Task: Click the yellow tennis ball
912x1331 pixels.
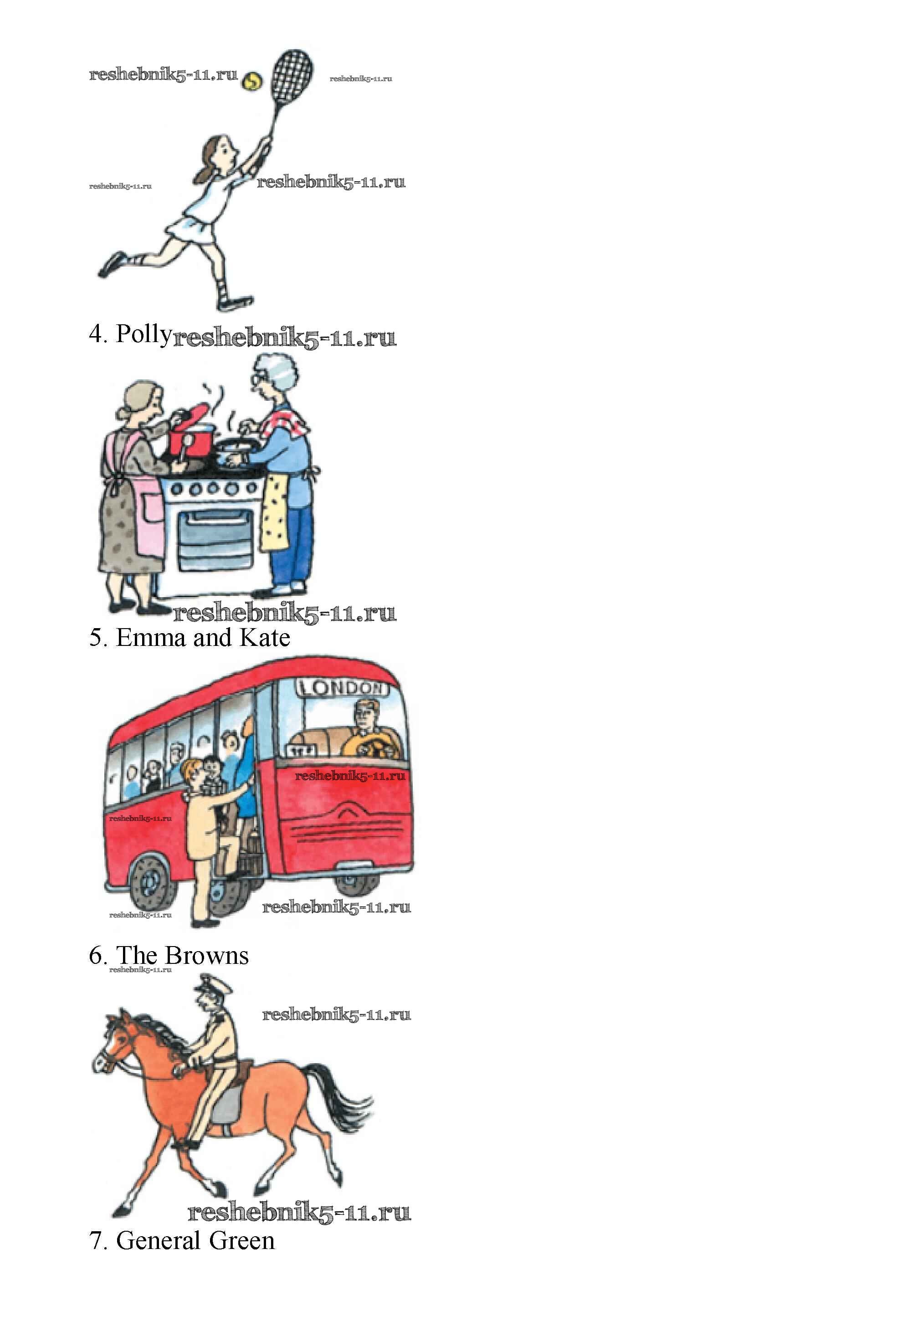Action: (251, 82)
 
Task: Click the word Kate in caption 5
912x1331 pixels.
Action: (265, 637)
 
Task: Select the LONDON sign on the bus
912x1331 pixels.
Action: (343, 687)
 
